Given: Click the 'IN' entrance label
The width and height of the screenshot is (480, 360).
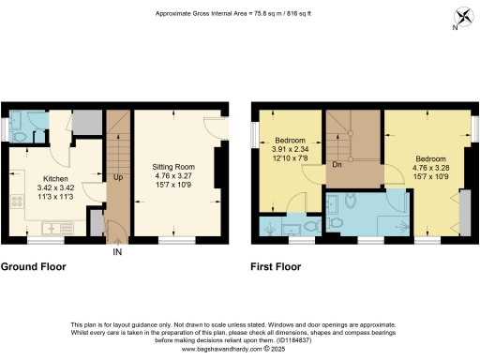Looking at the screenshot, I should coord(117,253).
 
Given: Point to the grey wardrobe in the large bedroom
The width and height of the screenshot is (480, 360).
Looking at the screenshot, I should coord(464,213).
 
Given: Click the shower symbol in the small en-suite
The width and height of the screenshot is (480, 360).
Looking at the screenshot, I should coord(271,227).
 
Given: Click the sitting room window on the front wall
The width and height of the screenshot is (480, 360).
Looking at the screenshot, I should coord(171,241).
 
